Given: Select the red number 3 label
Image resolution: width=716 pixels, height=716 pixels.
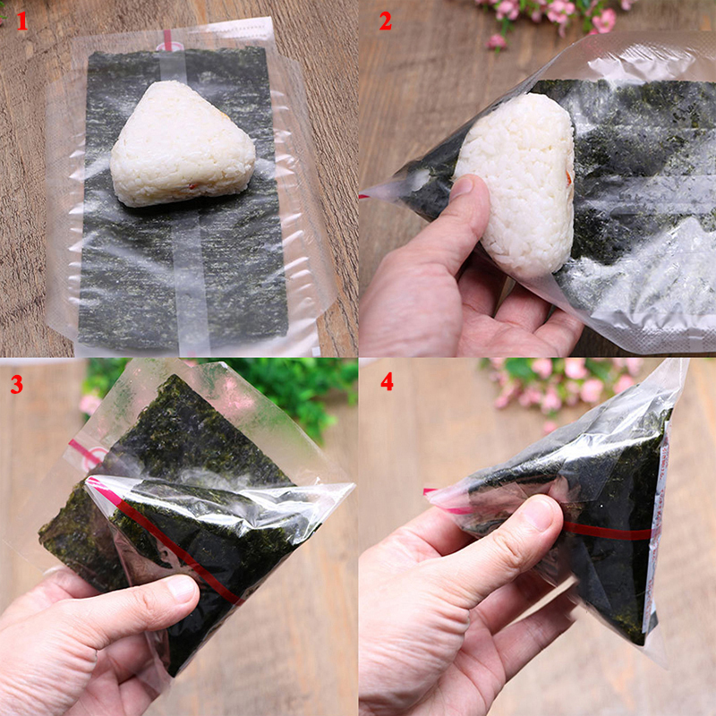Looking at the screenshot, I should click(17, 385).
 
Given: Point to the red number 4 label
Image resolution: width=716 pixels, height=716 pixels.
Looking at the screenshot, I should click(387, 382).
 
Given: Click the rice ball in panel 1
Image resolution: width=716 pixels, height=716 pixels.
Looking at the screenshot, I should click(183, 143).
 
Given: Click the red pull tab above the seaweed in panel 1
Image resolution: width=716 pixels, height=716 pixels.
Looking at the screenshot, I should click(167, 40).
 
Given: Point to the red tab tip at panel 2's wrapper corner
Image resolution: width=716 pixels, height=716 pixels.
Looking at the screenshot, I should click(365, 194).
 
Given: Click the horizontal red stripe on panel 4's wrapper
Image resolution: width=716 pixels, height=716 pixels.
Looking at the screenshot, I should click(609, 531).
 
